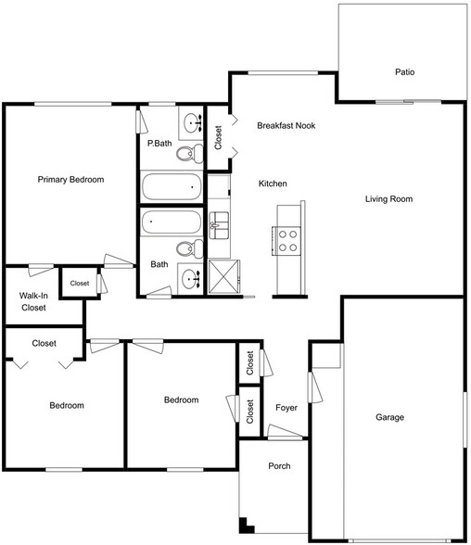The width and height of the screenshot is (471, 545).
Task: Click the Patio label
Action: (404, 71)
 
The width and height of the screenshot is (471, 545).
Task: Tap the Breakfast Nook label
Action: (286, 125)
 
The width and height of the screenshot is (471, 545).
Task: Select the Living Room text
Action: (388, 199)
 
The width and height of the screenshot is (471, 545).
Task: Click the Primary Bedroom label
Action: (70, 180)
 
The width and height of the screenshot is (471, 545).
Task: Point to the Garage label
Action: (389, 418)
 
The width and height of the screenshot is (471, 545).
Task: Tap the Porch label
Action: (280, 466)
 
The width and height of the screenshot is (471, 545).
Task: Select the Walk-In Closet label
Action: (33, 302)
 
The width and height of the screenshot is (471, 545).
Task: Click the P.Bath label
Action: (159, 144)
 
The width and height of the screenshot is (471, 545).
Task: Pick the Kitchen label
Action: (273, 184)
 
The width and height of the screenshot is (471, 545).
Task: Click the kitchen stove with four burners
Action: (287, 241)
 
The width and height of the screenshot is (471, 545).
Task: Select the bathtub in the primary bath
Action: (172, 188)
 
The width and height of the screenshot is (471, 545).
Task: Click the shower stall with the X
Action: (223, 276)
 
